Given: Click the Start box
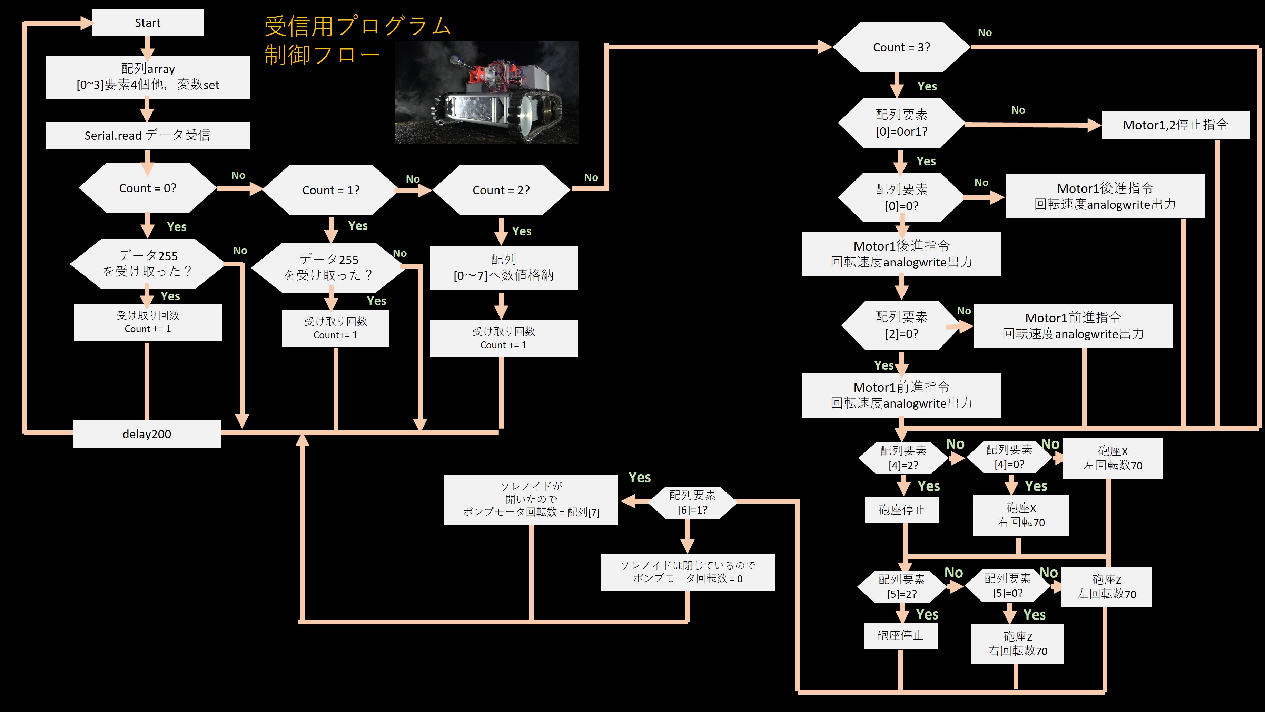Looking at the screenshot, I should click(147, 22).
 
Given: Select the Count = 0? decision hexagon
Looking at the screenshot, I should click(147, 188).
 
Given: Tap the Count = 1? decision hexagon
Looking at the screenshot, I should click(330, 190).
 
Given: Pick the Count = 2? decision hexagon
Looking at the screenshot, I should click(501, 190).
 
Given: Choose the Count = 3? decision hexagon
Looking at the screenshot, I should click(901, 47).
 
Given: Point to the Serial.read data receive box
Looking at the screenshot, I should click(147, 135).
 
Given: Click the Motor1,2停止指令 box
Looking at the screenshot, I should click(1175, 125).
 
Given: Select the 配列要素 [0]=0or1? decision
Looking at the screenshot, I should click(901, 123).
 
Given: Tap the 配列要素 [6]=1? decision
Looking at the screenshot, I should click(692, 502).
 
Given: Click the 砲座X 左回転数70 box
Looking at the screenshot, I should click(1112, 458).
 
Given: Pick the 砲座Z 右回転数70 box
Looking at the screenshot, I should click(1018, 644).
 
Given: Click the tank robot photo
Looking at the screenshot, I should click(486, 92).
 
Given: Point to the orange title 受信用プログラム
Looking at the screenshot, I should click(357, 26).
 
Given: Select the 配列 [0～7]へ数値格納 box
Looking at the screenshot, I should click(503, 267).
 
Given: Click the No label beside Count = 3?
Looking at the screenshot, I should click(985, 32).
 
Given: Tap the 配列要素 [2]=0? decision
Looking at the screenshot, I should click(901, 325).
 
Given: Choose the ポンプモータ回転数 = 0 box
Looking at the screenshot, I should click(687, 572).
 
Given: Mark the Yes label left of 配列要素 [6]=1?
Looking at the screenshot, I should click(639, 477).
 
